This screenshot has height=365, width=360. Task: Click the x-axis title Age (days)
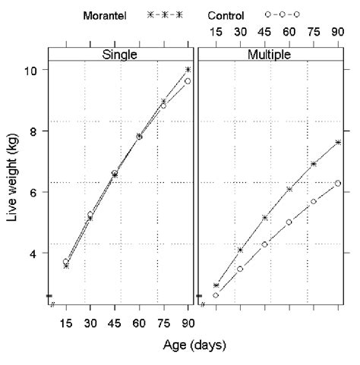194,345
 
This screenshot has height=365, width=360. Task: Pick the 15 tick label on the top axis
216,34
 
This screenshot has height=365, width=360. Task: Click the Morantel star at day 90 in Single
188,70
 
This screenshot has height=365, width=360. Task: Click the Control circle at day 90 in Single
188,81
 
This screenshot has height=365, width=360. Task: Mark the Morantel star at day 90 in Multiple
338,143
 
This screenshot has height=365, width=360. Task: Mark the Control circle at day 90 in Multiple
338,183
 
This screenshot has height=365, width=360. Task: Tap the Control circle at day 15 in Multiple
216,295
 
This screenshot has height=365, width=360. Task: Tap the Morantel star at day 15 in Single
66,266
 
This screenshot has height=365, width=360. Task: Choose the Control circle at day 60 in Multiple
289,222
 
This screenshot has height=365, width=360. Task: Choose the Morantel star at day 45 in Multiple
265,218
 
